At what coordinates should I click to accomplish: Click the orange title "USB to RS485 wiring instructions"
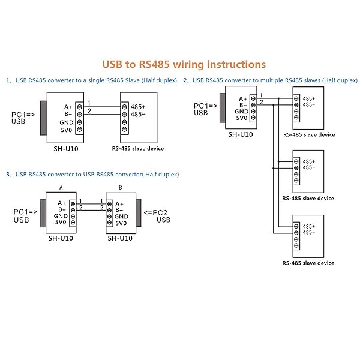(x=184, y=65)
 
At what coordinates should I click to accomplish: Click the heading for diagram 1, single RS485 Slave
(x=91, y=80)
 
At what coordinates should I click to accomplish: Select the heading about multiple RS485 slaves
(x=271, y=80)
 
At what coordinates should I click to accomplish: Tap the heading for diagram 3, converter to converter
(x=92, y=174)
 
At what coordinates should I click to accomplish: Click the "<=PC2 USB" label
(x=157, y=216)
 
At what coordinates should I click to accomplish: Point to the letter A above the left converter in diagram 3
(x=61, y=188)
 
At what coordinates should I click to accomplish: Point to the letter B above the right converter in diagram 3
(x=121, y=188)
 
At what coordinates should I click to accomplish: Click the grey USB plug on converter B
(x=139, y=212)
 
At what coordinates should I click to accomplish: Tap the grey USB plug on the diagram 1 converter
(x=44, y=118)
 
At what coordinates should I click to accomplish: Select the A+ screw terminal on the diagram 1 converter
(x=79, y=107)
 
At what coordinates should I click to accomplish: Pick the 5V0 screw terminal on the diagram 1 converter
(x=79, y=129)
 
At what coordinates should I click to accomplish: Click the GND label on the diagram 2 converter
(x=242, y=112)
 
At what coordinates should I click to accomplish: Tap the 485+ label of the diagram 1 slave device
(x=138, y=107)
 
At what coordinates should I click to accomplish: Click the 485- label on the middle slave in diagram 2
(x=309, y=167)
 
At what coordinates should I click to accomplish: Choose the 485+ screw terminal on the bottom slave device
(x=296, y=226)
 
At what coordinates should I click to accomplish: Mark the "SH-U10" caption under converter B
(x=120, y=238)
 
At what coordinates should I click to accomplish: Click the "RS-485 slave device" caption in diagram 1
(x=138, y=149)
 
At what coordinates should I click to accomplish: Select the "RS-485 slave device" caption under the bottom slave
(x=308, y=263)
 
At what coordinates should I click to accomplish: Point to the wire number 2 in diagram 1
(x=89, y=112)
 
